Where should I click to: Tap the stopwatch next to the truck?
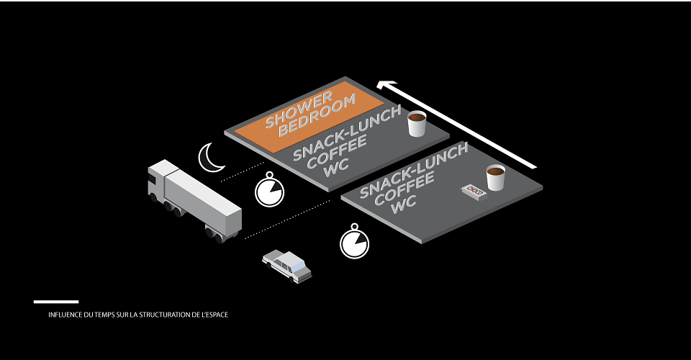(269, 190)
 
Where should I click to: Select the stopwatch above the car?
(354, 242)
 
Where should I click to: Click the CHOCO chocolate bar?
(474, 192)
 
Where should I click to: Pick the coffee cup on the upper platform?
(417, 123)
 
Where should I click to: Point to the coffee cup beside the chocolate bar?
(495, 178)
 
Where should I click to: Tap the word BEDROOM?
(317, 115)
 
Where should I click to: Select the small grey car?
(287, 266)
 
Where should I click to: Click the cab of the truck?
(158, 179)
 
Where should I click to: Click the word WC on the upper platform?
(336, 168)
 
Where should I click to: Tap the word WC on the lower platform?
(404, 204)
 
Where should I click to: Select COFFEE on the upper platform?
(337, 152)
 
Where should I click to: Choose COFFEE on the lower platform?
(404, 189)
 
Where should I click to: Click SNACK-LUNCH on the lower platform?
(414, 170)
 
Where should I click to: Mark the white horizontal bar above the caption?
(56, 302)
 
